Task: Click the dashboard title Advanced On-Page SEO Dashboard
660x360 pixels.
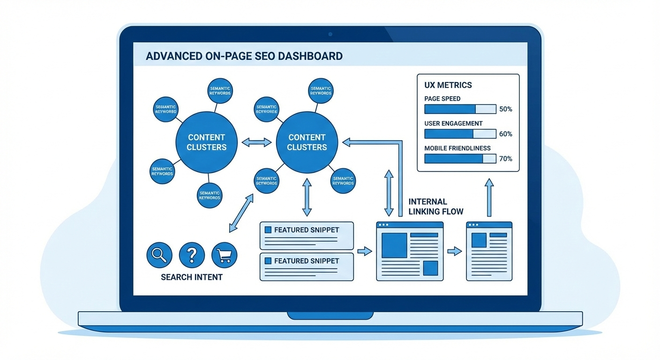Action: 244,56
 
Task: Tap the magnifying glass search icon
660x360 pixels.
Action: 159,255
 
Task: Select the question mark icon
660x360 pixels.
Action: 192,255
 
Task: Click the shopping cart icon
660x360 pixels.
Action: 225,255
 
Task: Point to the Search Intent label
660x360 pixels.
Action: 192,277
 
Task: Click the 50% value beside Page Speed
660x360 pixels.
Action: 506,109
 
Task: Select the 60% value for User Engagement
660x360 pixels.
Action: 506,134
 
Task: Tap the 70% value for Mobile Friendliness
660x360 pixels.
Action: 506,159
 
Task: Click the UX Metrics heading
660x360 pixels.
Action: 448,85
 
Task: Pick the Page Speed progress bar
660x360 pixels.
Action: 460,109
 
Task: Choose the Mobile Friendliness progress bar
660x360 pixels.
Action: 460,158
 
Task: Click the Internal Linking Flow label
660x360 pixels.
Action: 436,207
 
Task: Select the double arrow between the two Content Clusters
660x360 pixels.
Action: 256,142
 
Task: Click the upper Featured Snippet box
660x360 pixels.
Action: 307,235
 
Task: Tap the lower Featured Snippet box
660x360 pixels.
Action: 307,267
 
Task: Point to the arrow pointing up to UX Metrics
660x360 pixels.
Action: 489,197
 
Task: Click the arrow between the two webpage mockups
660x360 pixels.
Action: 454,252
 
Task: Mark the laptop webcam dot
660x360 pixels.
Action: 330,34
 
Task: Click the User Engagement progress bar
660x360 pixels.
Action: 460,134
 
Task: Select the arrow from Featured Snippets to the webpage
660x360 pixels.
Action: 364,252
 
